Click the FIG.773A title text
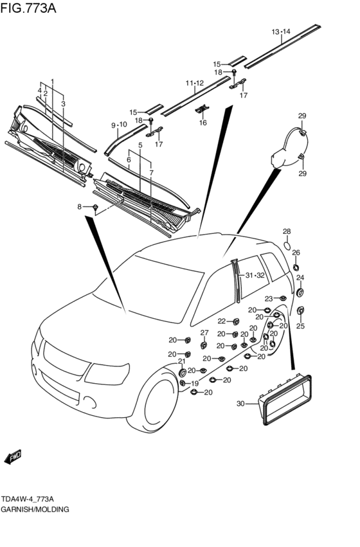tap(28, 8)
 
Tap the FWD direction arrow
tap(14, 457)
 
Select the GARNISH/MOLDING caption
tap(35, 509)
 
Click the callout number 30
tap(240, 404)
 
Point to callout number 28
tap(287, 231)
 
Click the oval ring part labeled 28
tap(287, 246)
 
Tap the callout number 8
tap(80, 207)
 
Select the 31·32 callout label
tap(255, 275)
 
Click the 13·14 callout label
tap(281, 31)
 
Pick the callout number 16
tap(203, 122)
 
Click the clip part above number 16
tap(203, 109)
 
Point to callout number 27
tap(204, 333)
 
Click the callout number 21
tap(182, 361)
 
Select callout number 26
tap(296, 253)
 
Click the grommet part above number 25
tap(300, 310)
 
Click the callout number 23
tap(269, 299)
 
